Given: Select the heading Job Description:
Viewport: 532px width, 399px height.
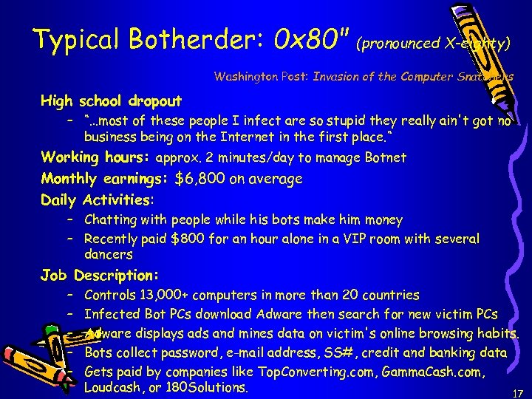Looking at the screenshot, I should (x=100, y=276).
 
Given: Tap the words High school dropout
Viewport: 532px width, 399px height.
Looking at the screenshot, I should (x=112, y=100).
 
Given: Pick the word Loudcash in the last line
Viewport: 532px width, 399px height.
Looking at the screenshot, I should (x=111, y=387).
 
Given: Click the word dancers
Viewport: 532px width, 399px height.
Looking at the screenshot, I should (x=108, y=254).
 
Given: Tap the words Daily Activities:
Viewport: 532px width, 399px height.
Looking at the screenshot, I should (x=98, y=199).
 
